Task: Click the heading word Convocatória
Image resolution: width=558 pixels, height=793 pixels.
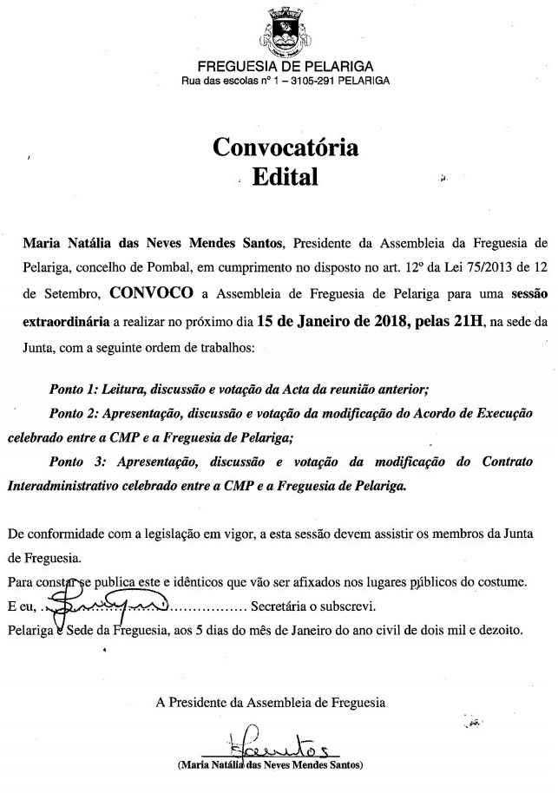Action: click(x=286, y=147)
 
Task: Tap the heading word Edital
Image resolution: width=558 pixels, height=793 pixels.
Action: click(x=285, y=177)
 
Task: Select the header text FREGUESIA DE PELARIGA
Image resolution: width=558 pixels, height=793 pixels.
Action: click(x=286, y=66)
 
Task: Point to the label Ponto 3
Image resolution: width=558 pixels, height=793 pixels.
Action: click(x=73, y=462)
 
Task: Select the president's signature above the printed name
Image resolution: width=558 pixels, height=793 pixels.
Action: click(x=269, y=744)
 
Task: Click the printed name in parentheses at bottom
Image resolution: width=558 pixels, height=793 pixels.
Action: click(x=269, y=766)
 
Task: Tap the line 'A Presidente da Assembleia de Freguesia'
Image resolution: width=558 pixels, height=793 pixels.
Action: click(x=271, y=700)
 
